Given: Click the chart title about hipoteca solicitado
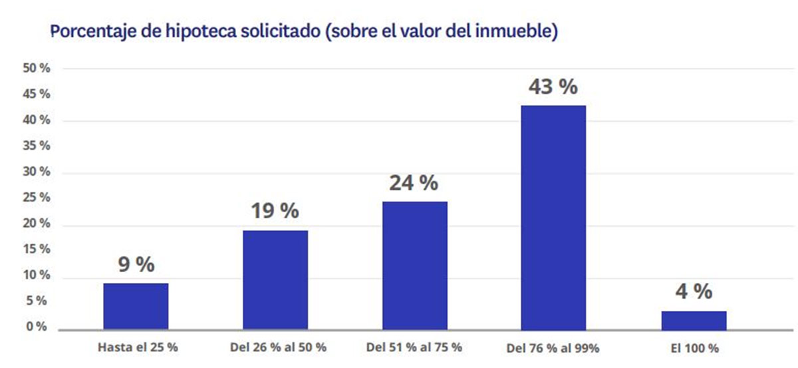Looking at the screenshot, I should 303,31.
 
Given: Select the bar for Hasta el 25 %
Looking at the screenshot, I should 136,306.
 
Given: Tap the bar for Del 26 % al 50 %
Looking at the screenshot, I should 275,280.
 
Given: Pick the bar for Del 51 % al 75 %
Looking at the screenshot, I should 414,266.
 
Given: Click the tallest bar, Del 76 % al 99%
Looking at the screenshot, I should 553,217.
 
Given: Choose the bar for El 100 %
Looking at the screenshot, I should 694,320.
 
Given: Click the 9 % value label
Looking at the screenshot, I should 136,264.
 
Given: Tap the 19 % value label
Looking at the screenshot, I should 275,211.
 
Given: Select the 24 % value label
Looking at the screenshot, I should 414,182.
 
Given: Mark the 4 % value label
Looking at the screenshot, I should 693,291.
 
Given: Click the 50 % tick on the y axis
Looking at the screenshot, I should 37,69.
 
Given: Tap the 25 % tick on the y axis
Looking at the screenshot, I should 37,198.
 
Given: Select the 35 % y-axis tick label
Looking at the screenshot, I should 37,146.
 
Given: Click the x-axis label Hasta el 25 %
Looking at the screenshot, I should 138,347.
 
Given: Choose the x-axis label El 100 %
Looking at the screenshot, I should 695,347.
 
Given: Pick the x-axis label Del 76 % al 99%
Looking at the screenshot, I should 553,347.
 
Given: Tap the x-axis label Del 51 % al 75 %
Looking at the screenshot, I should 414,347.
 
